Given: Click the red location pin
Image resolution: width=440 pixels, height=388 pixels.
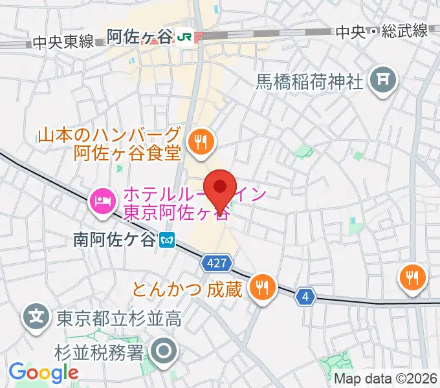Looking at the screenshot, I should [x=221, y=188].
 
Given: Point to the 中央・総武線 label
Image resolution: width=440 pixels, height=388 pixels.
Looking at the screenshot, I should [x=382, y=30].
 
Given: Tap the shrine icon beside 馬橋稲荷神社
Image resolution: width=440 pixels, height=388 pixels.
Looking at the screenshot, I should [x=382, y=81].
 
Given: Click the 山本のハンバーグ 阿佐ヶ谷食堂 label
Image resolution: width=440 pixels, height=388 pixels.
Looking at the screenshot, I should [x=109, y=145].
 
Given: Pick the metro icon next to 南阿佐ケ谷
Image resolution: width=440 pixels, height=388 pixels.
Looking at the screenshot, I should [x=167, y=240].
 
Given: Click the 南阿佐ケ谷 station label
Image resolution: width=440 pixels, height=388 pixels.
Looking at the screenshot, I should [x=115, y=240].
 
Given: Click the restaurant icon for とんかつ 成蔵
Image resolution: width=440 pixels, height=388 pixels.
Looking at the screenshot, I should [x=262, y=285].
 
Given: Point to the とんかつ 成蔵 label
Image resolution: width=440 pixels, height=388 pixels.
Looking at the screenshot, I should [x=188, y=288].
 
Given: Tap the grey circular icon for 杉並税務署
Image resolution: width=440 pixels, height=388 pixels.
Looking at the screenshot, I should [x=164, y=351].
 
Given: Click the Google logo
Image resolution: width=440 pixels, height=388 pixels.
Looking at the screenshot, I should [x=43, y=372].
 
